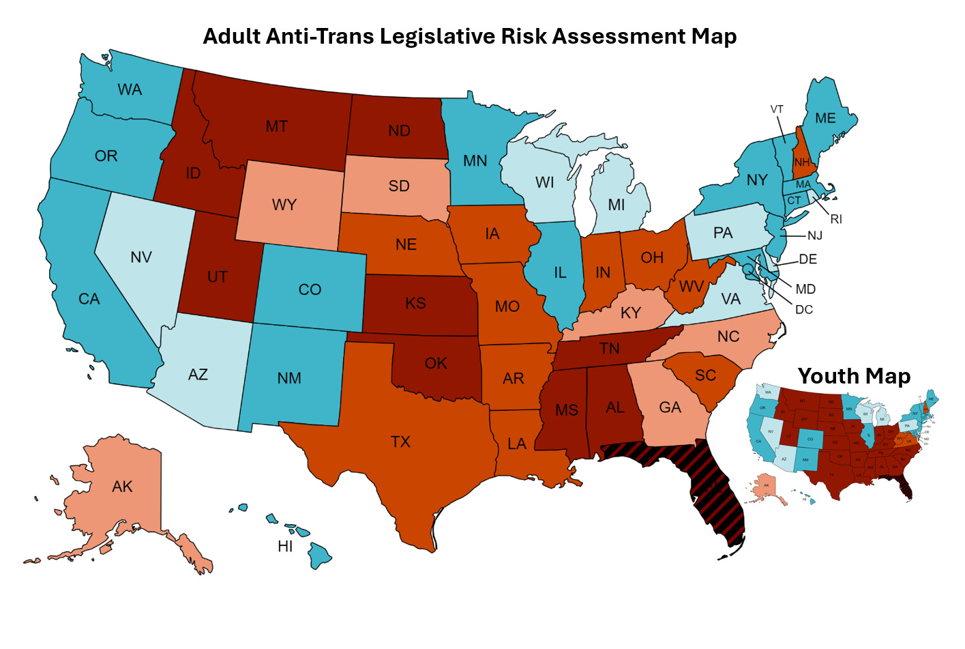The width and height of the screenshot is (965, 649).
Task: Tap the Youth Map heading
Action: pos(854,376)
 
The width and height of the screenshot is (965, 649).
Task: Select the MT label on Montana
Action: pos(276,126)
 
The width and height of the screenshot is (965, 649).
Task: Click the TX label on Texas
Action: pos(400,442)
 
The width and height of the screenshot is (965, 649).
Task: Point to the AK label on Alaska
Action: pos(122,487)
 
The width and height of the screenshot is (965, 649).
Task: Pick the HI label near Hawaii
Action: pos(285,546)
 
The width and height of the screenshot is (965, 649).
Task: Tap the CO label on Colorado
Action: pos(310,289)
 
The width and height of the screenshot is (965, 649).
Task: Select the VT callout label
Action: pos(777,109)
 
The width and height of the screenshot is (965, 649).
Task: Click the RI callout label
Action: pos(836,219)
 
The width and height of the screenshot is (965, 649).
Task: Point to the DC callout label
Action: pos(804,310)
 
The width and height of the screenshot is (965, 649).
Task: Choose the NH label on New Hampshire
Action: pos(802,162)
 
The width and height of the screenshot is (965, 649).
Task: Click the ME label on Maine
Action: pos(825,118)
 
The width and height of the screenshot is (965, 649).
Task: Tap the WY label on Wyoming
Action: pos(284,205)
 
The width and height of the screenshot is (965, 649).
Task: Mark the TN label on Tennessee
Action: pos(609,349)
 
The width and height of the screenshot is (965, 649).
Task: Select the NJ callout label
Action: pos(815,235)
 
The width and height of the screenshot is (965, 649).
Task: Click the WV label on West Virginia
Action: pos(692,287)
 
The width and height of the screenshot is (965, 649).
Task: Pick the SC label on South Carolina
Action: pos(705,375)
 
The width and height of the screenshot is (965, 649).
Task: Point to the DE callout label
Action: pos(808,259)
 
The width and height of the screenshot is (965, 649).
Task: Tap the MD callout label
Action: pos(805,289)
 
